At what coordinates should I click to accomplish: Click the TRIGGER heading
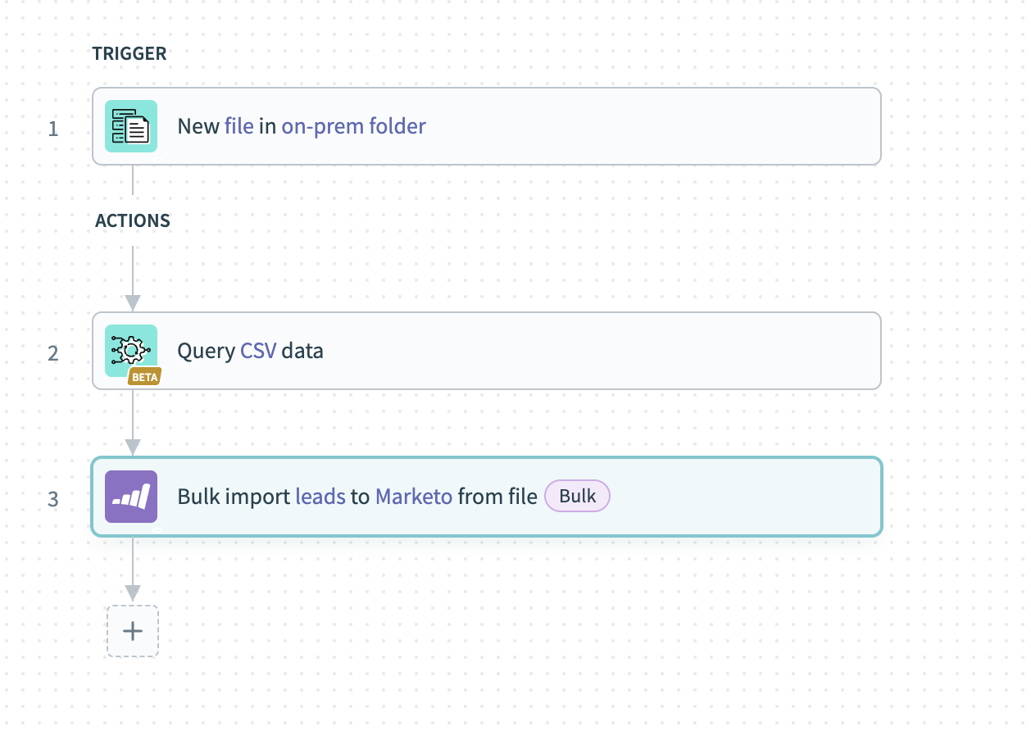pyautogui.click(x=129, y=54)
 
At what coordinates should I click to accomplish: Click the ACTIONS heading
pyautogui.click(x=133, y=221)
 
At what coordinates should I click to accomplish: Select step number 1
pyautogui.click(x=53, y=129)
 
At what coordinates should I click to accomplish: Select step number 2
pyautogui.click(x=53, y=353)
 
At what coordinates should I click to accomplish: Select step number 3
pyautogui.click(x=53, y=499)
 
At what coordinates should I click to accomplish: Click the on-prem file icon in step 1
pyautogui.click(x=131, y=126)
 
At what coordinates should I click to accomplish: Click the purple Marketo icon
pyautogui.click(x=131, y=497)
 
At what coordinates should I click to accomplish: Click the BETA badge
pyautogui.click(x=144, y=377)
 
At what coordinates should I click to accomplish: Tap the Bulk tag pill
pyautogui.click(x=578, y=496)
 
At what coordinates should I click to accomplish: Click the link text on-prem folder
pyautogui.click(x=353, y=126)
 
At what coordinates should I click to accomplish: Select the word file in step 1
pyautogui.click(x=238, y=126)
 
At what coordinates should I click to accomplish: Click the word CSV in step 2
pyautogui.click(x=258, y=351)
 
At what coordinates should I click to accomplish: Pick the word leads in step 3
pyautogui.click(x=320, y=497)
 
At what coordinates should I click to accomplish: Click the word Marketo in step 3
pyautogui.click(x=414, y=497)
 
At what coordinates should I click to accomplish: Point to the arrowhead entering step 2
pyautogui.click(x=133, y=303)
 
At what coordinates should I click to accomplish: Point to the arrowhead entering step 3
pyautogui.click(x=133, y=447)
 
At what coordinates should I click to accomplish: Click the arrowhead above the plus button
pyautogui.click(x=133, y=593)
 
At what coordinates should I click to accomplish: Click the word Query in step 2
pyautogui.click(x=206, y=351)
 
